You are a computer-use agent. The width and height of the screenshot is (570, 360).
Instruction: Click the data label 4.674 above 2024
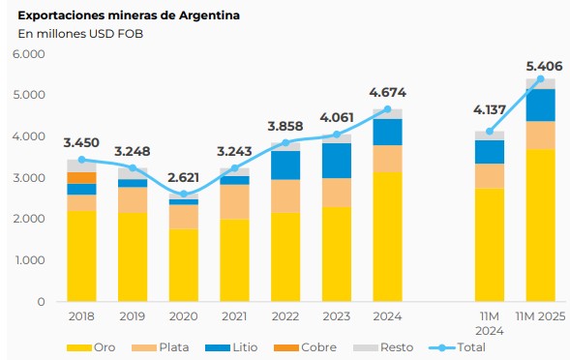tap(387, 94)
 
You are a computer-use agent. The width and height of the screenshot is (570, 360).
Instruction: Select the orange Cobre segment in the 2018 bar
tap(81, 178)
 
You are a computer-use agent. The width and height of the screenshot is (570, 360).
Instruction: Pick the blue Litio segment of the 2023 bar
tap(336, 161)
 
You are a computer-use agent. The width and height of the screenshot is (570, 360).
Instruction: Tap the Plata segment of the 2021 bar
tap(234, 201)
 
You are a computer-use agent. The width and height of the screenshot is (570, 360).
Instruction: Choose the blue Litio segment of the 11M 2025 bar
tap(540, 105)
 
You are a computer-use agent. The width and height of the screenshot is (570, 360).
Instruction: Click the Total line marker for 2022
tap(285, 142)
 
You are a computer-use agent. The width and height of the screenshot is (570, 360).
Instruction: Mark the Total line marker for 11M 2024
tap(489, 131)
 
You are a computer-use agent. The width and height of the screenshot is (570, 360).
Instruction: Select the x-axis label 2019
tap(133, 316)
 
